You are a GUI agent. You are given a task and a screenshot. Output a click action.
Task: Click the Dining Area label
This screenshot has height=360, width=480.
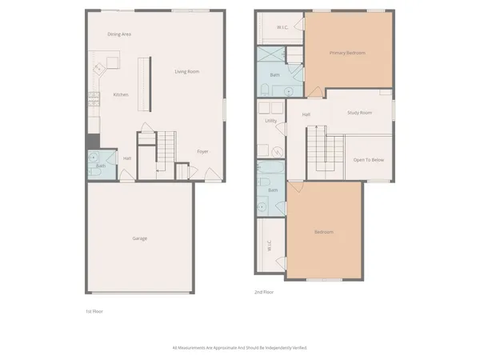[119, 34]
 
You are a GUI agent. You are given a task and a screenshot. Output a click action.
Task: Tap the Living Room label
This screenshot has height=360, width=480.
[187, 72]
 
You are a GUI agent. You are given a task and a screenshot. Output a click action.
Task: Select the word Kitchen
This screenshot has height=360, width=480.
[120, 94]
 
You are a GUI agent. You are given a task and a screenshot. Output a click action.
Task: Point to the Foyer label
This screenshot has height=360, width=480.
[203, 151]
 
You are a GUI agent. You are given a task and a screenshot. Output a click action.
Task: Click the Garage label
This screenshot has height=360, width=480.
[139, 238]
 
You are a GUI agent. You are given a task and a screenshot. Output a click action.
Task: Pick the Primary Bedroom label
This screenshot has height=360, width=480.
[347, 53]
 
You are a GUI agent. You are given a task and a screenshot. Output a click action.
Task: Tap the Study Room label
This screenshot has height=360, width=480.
[359, 113]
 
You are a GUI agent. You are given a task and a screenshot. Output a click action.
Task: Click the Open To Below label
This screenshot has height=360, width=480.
[369, 160]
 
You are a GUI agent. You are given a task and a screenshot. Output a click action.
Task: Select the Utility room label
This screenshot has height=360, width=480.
[271, 121]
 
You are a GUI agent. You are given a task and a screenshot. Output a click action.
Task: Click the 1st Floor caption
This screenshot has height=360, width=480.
[94, 310]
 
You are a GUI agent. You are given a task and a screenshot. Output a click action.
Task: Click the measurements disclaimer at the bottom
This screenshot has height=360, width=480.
[240, 347]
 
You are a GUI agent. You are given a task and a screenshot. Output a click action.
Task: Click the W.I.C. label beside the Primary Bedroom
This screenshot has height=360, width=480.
[282, 27]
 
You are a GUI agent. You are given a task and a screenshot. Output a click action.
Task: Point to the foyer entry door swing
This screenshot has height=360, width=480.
[210, 175]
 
